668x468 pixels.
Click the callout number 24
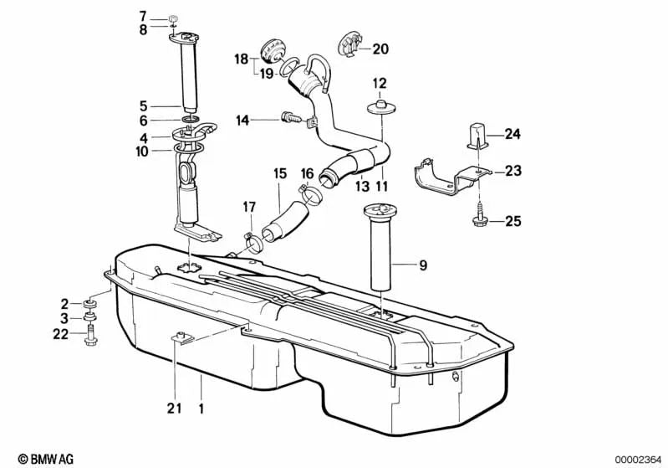point(512,134)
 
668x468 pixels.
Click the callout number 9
point(423,267)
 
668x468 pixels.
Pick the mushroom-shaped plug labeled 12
point(379,105)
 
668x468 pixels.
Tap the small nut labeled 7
point(171,18)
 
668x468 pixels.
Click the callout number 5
point(143,106)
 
